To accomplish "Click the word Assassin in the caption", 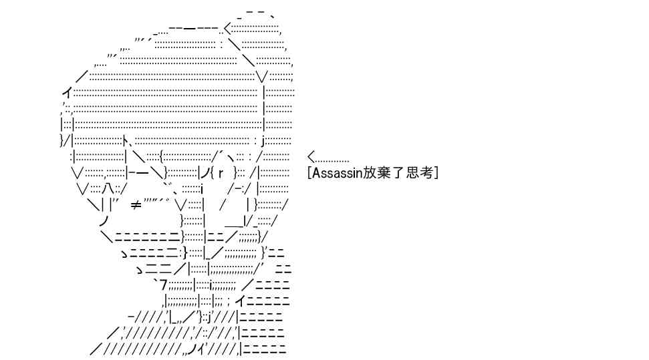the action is coord(337,172).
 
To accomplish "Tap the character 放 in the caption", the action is coord(370,172).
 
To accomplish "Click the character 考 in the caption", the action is coord(426,172).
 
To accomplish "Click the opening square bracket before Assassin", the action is coord(309,172).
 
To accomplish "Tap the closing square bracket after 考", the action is coord(436,172).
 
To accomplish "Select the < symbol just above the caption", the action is coord(311,157).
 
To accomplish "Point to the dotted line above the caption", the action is coord(332,161).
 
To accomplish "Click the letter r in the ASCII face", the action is coord(221,172).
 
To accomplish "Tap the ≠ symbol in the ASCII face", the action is coord(136,204).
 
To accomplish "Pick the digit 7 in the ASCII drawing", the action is coord(164,285).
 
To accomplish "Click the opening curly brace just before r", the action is coord(212,172).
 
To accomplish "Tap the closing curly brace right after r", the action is coord(235,172).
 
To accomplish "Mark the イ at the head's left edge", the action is coord(68,94).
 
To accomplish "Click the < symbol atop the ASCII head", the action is coord(227,29).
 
